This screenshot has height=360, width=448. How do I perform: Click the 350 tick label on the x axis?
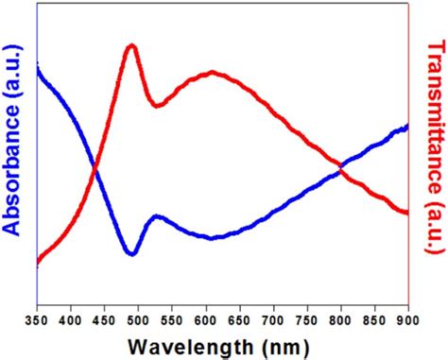[37, 321]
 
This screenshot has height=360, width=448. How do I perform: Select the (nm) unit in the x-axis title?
[284, 345]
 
